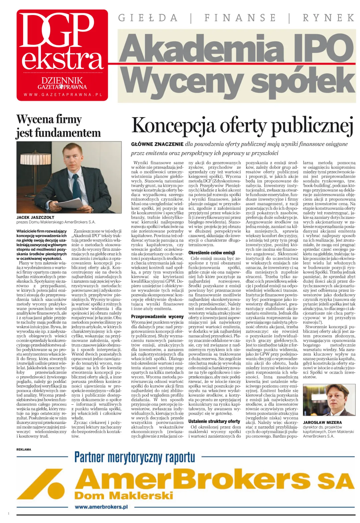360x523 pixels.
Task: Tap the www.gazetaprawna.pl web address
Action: pos(63,95)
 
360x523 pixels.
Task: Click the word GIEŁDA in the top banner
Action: pos(148,18)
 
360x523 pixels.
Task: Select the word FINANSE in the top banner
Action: pos(240,18)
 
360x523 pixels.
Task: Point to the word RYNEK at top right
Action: pos(328,18)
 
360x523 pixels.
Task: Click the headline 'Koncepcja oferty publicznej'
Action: pos(242,126)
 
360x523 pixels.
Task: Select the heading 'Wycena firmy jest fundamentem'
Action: pos(58,126)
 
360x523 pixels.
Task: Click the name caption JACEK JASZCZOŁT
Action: pos(35,217)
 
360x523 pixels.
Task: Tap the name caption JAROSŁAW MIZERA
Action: pos(322,422)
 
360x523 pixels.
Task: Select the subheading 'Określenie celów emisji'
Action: pos(212,252)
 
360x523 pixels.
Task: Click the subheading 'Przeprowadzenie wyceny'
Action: pos(157,316)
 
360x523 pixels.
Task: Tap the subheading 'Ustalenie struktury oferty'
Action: pos(214,421)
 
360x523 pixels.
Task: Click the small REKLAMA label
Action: pos(24,449)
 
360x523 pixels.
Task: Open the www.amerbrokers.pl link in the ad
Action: pos(101,507)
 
